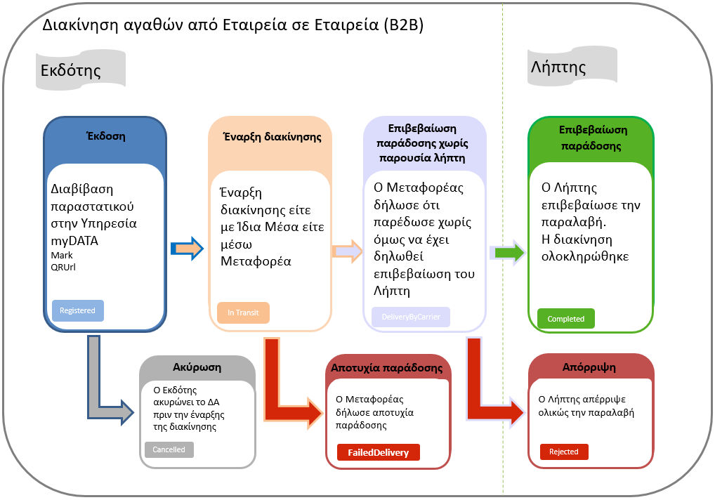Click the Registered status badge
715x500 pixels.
click(78, 311)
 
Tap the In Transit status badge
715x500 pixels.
click(243, 312)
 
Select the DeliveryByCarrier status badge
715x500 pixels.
click(411, 317)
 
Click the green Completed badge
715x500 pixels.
click(566, 319)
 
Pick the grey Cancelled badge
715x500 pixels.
click(169, 449)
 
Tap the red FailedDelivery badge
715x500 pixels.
click(379, 452)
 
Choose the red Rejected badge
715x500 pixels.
click(564, 452)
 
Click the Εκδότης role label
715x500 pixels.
click(71, 70)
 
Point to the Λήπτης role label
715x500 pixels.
click(558, 67)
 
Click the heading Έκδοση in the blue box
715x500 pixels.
click(106, 136)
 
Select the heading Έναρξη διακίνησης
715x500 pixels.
click(273, 137)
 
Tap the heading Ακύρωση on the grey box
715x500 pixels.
click(197, 367)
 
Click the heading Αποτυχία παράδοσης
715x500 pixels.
click(387, 368)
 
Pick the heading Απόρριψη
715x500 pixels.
click(589, 367)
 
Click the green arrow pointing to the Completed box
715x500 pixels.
click(508, 253)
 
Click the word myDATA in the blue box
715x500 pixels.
click(74, 241)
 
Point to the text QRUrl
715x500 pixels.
click(63, 267)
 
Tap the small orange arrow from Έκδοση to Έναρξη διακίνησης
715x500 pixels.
click(187, 249)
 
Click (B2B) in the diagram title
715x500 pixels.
click(404, 25)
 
